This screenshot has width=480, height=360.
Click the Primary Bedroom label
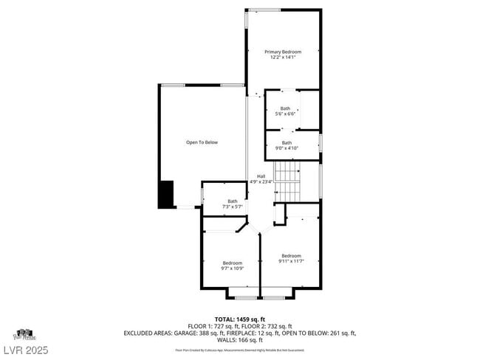point(284,52)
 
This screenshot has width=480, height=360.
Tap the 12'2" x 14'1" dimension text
point(284,58)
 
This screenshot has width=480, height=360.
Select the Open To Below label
point(202,142)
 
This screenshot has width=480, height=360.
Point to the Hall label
point(261,176)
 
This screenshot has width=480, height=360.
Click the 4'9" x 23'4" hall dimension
point(261,181)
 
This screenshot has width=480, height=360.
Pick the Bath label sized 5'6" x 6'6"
point(285,108)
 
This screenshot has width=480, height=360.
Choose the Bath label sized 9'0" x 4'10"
point(287,142)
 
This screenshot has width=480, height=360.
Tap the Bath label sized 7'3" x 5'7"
point(233,201)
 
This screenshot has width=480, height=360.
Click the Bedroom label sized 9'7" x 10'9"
point(233,263)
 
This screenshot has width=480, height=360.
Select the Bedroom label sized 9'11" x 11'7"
point(291,256)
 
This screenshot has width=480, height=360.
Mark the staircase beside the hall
point(289,182)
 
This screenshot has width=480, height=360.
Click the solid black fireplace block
point(165,194)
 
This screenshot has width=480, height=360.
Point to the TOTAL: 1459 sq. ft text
point(239,319)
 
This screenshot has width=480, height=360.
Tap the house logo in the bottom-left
point(24,334)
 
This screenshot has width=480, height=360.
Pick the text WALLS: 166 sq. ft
point(239,340)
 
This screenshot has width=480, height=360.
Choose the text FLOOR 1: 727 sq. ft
point(213,326)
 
